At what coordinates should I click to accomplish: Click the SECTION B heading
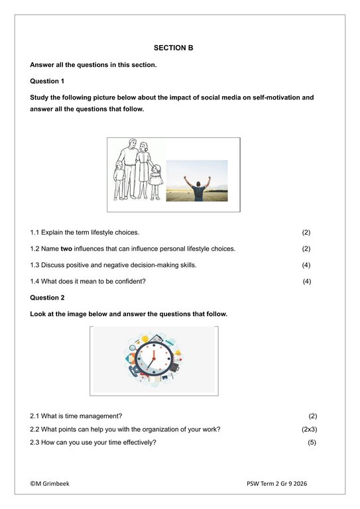tap(173, 48)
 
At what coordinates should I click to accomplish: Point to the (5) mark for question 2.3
tap(312, 443)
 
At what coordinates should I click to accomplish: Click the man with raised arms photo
tap(196, 181)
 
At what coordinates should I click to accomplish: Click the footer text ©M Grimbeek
tap(50, 484)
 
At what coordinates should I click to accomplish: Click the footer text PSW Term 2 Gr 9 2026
tap(276, 484)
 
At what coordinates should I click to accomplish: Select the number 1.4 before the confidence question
tap(34, 281)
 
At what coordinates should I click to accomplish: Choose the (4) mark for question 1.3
tap(306, 265)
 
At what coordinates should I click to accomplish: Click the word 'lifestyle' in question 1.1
tap(103, 233)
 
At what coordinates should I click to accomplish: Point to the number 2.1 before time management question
tap(34, 416)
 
